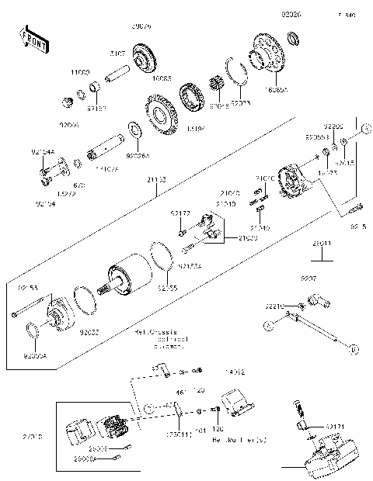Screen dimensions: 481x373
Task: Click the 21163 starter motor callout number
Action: coord(155,179)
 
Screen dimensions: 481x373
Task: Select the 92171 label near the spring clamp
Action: coord(335,427)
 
